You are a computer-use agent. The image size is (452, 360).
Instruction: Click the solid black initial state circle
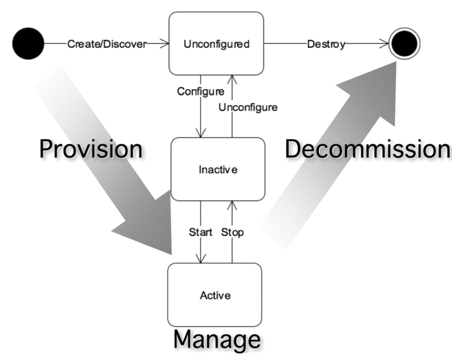coord(28,44)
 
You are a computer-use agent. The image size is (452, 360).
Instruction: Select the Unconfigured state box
coord(216,44)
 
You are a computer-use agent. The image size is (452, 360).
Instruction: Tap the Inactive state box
coord(218,169)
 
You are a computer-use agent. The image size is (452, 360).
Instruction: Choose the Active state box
coord(215,295)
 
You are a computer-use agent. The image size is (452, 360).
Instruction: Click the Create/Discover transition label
coord(106,44)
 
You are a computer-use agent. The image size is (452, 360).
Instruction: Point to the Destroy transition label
coord(326,45)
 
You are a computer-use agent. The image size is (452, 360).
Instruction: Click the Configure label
coord(200,91)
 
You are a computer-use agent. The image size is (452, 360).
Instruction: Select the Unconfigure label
coord(248,107)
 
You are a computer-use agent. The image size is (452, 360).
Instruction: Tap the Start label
coord(200,232)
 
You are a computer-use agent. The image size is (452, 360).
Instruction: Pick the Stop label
coord(232,232)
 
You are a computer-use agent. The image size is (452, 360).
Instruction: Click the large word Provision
coord(91,149)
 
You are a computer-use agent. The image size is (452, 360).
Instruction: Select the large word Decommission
coord(367,149)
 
